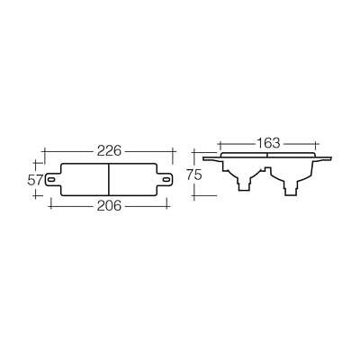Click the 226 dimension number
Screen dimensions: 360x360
[109, 149]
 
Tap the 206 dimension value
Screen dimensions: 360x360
[109, 205]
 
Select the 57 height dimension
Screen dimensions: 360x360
[35, 179]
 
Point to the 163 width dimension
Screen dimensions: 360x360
[268, 142]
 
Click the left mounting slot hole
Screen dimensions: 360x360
[53, 179]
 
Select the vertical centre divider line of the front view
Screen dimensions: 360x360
[109, 179]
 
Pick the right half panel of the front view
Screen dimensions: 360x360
[134, 179]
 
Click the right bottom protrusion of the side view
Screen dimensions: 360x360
[292, 186]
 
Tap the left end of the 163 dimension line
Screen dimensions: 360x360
[220, 142]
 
